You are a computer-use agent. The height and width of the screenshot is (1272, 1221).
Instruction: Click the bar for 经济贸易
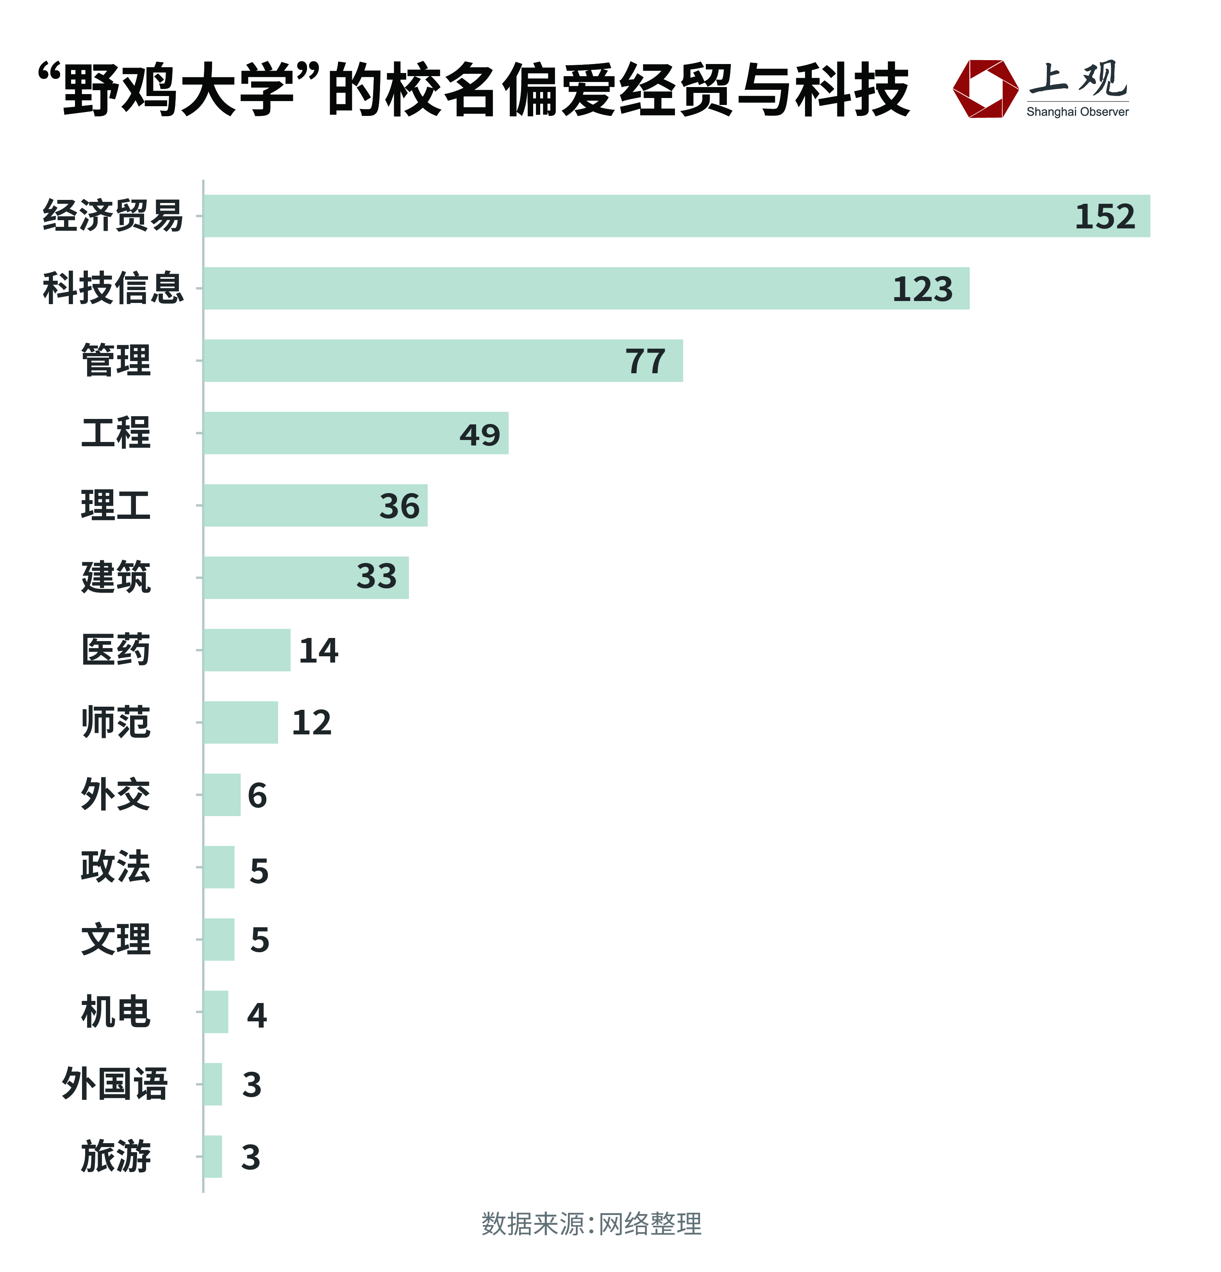(675, 216)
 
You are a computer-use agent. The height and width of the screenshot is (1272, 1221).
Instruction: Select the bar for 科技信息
(584, 288)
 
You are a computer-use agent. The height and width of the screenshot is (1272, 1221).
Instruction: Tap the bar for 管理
(441, 361)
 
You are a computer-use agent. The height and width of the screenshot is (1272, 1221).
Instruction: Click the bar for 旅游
(212, 1156)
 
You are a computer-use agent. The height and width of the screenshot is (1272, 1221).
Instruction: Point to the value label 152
(1105, 217)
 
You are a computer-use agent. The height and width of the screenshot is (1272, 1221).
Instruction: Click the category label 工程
(116, 433)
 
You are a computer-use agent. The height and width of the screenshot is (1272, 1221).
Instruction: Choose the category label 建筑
(116, 577)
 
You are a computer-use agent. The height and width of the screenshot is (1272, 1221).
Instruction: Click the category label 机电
(116, 1012)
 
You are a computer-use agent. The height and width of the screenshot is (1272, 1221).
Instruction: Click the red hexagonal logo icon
(985, 89)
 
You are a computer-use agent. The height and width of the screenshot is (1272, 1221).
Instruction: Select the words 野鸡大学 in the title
(179, 89)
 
